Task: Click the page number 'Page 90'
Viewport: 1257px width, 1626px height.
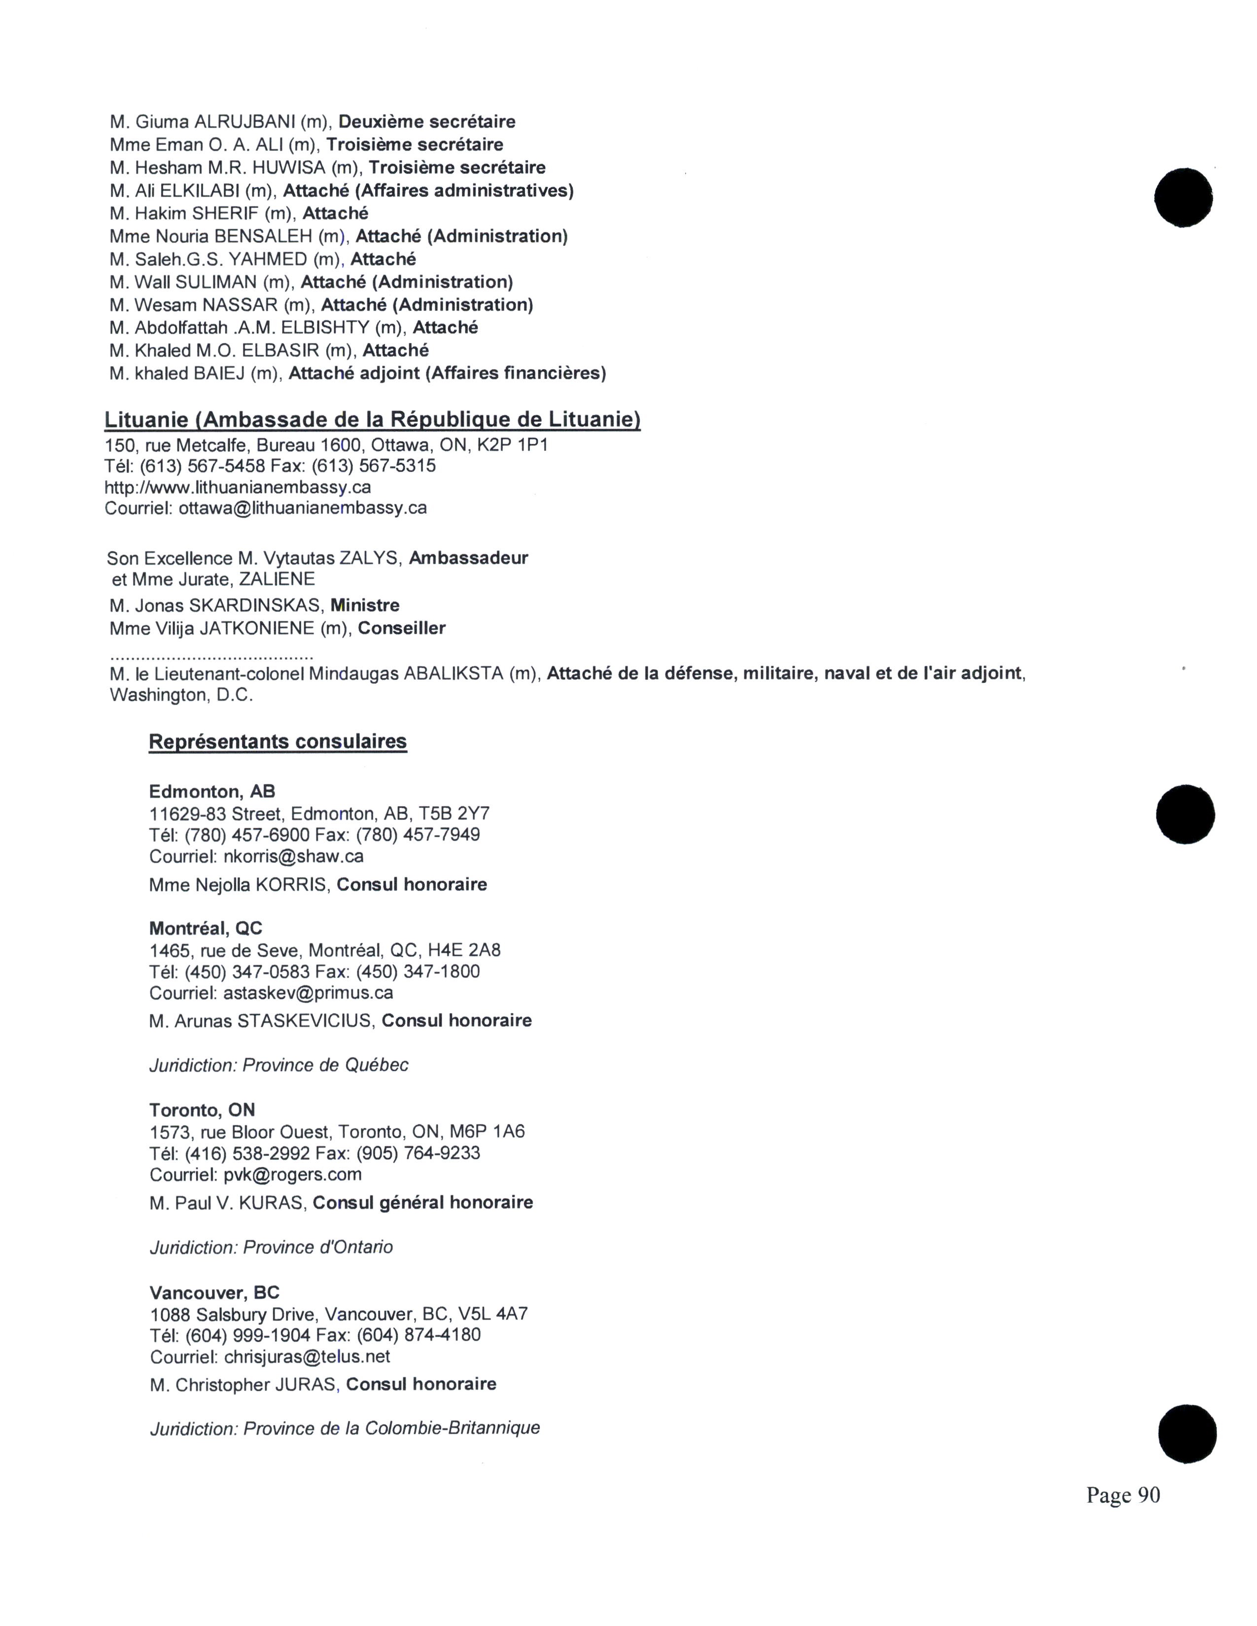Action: [1122, 1494]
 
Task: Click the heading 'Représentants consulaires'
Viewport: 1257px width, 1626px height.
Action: [278, 742]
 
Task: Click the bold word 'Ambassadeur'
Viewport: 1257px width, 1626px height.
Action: [468, 558]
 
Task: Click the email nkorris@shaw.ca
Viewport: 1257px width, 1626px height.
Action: [293, 856]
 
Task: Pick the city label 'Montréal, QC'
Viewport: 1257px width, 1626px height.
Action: [206, 928]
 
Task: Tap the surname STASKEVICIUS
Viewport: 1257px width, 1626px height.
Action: [304, 1021]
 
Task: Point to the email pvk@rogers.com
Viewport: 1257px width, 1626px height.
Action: [293, 1175]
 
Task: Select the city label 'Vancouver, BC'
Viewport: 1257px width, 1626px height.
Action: [214, 1292]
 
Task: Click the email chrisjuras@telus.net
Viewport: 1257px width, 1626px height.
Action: [307, 1356]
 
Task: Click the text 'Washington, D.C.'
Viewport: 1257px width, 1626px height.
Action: [182, 695]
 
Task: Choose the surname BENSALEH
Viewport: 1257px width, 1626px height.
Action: [263, 237]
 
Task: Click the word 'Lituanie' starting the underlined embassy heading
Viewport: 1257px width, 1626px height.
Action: [146, 420]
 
